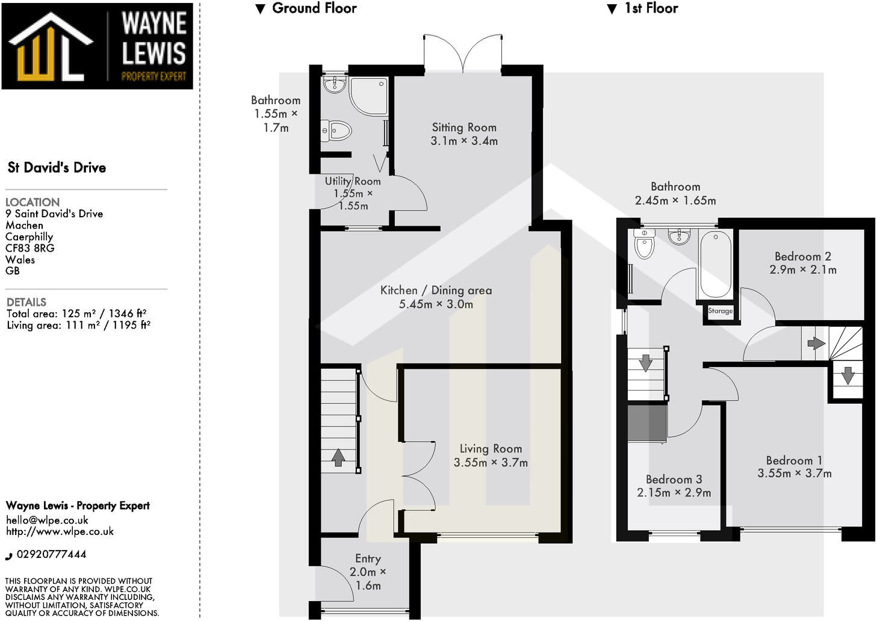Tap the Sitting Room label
click(464, 128)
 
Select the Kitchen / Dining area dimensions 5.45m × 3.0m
click(436, 304)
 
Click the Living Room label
click(491, 449)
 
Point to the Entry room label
click(368, 559)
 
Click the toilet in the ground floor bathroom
click(336, 130)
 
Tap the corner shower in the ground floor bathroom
click(368, 96)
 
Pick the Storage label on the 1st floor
click(720, 311)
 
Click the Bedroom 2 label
click(802, 257)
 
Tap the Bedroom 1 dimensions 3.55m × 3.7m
click(795, 474)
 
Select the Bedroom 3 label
click(674, 480)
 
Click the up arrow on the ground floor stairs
click(338, 458)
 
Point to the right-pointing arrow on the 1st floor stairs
click(816, 344)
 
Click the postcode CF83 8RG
click(29, 248)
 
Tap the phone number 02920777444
click(51, 554)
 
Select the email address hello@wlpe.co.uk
click(47, 520)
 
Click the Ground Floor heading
click(314, 8)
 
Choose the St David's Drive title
click(57, 168)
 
